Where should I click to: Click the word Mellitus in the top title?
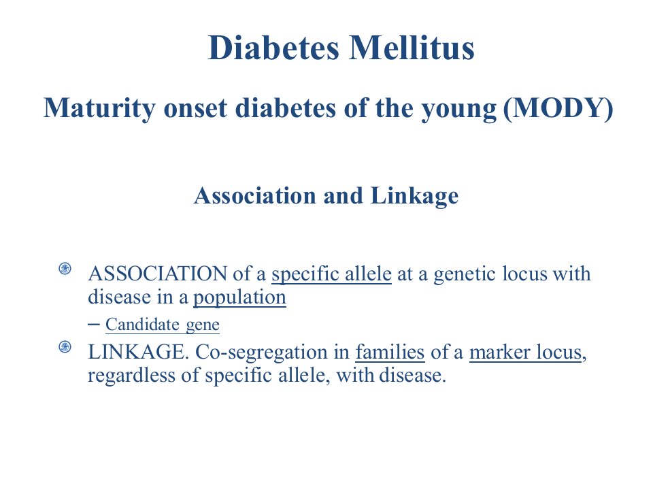tap(412, 48)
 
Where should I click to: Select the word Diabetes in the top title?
tap(273, 48)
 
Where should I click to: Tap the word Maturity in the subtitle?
tap(99, 108)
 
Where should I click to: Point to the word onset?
tap(195, 108)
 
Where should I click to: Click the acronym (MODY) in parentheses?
tap(558, 108)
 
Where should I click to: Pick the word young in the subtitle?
tap(459, 109)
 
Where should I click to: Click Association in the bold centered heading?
tap(255, 195)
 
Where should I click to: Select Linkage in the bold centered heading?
tap(414, 196)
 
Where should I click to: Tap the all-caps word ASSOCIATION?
tap(157, 274)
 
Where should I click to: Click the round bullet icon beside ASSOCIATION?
tap(65, 269)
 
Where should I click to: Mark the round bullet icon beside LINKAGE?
tap(65, 346)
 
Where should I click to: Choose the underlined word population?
tap(239, 297)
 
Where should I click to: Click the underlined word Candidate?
tap(142, 324)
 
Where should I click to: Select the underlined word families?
tap(390, 352)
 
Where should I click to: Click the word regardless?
tap(131, 376)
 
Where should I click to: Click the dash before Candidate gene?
tap(94, 324)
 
